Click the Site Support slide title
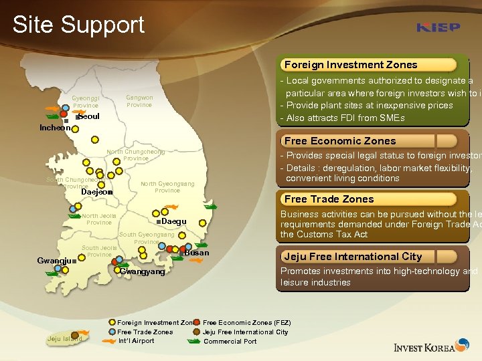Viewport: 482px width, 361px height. click(x=78, y=25)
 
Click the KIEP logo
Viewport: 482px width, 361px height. click(x=438, y=27)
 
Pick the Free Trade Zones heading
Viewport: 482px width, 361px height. click(x=329, y=199)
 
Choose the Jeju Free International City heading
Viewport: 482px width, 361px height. click(x=352, y=257)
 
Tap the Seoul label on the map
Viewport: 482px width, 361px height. click(x=89, y=117)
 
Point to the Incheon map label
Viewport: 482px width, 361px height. click(x=56, y=128)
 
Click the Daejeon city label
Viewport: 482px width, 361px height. click(x=94, y=193)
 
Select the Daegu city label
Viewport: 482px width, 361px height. click(x=173, y=221)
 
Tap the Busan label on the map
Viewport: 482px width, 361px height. click(x=197, y=253)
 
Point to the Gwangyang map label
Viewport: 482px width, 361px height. click(x=143, y=272)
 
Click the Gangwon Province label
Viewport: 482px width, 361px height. click(x=139, y=101)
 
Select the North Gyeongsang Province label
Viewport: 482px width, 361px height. click(x=167, y=187)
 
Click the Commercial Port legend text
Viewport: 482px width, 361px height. click(x=230, y=342)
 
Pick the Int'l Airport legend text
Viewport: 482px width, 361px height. click(x=136, y=341)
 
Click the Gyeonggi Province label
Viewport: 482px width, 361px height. click(x=86, y=102)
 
